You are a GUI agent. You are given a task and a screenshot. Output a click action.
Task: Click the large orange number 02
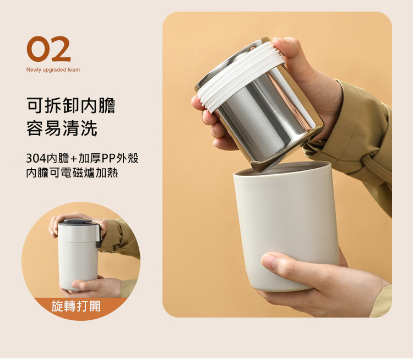pos(48,49)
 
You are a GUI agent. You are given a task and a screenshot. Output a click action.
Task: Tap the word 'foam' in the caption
pos(73,69)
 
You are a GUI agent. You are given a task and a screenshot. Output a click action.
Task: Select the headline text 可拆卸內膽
pos(71,105)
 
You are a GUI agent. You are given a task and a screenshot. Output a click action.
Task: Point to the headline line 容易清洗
pos(62,128)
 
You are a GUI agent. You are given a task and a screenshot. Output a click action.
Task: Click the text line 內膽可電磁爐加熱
pos(72,173)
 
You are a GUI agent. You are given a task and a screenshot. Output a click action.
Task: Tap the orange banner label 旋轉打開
pos(76,306)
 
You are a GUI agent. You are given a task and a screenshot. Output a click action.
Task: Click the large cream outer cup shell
pos(286,227)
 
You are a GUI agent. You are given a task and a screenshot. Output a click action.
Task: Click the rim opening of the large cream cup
pos(282,169)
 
